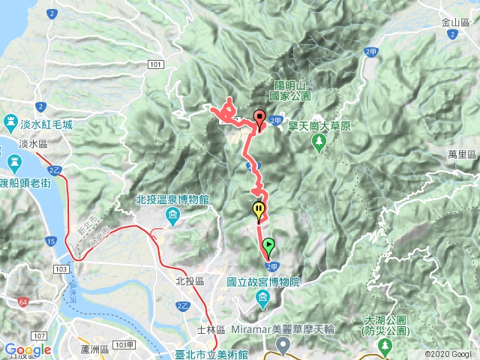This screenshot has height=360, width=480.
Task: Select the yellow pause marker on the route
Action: (x=259, y=211)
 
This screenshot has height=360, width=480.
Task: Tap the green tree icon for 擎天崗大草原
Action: (x=321, y=141)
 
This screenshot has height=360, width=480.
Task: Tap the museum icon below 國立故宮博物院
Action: (x=263, y=301)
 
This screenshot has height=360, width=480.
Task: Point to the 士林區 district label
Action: (x=206, y=329)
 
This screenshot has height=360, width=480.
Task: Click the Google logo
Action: (x=27, y=349)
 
